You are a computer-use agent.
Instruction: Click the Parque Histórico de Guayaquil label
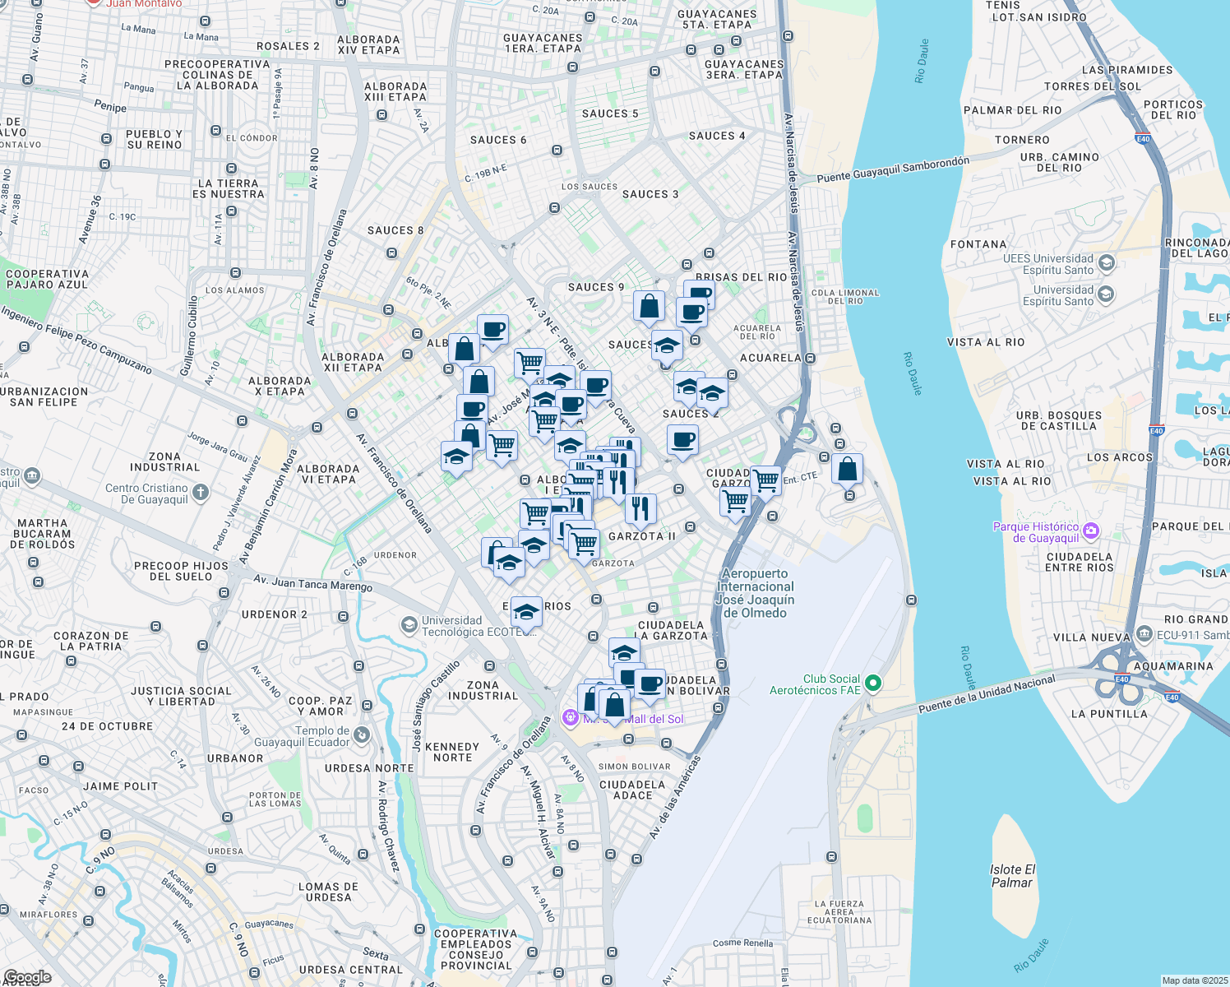coord(1036,532)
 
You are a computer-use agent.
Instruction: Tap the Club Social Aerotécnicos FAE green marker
coord(873,683)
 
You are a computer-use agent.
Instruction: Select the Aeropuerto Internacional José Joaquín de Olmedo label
coord(755,593)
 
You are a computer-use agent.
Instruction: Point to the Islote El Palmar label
coord(1012,876)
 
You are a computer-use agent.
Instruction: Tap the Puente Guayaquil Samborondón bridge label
coord(893,169)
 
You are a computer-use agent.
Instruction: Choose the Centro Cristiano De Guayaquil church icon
coord(201,493)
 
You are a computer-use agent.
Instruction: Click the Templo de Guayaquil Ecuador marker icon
coord(363,735)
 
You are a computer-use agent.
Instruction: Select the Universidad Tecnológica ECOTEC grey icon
coord(409,626)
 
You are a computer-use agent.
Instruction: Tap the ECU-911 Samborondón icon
coord(1144,635)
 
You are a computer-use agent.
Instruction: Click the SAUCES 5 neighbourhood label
coord(610,114)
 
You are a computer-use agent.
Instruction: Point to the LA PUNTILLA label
coord(1109,714)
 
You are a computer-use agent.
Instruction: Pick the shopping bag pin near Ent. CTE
coord(848,470)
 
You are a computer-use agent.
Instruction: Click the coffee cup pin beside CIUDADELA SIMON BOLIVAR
coord(650,684)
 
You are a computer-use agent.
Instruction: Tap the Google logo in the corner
coord(26,977)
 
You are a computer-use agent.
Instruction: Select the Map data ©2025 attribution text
coord(1194,980)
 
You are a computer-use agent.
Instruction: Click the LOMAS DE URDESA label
coord(328,892)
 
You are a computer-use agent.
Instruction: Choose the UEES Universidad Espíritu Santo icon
coord(1106,263)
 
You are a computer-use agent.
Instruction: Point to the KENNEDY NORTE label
coord(452,752)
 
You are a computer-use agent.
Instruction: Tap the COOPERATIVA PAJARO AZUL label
coord(47,279)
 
